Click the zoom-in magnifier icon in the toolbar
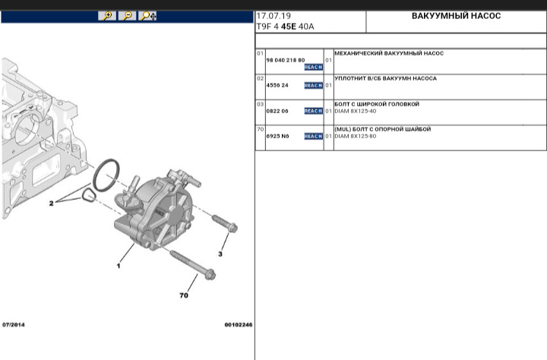(x=108, y=16)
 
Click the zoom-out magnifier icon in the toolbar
(x=128, y=16)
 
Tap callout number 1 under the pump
(x=119, y=267)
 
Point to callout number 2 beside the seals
(x=52, y=204)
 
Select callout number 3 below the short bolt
(x=221, y=254)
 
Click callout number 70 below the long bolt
(x=184, y=295)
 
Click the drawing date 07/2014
(x=14, y=325)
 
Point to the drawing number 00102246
(x=238, y=325)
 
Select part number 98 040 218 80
(x=285, y=60)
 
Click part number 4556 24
(x=277, y=85)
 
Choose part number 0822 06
(x=277, y=111)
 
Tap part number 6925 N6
(x=277, y=136)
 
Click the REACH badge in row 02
(x=313, y=85)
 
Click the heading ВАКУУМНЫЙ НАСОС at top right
(x=456, y=16)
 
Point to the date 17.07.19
(x=273, y=16)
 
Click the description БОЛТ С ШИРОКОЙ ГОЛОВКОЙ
(x=377, y=104)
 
